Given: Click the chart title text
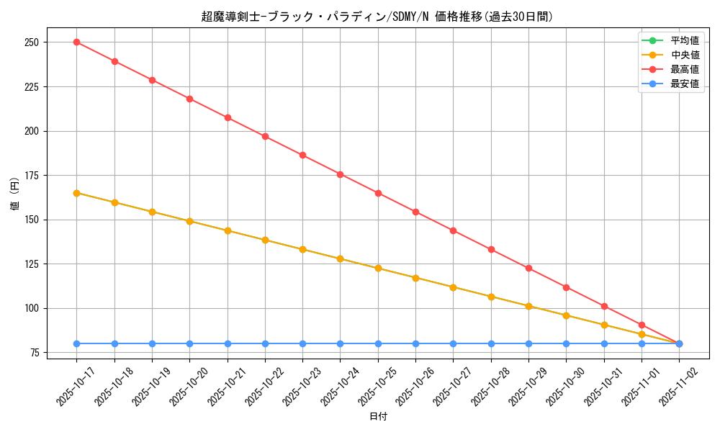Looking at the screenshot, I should click(377, 17).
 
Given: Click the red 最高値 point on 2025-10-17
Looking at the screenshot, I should click(76, 42).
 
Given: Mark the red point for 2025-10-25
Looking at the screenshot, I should click(378, 193).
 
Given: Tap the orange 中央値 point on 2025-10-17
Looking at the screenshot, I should click(76, 193).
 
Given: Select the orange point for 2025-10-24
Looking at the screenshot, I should click(340, 258).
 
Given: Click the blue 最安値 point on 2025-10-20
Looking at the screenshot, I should click(189, 343).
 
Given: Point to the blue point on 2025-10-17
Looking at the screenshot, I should click(76, 343).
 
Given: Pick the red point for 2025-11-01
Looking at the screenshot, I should click(642, 325).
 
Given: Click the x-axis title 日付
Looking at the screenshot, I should click(378, 417).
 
